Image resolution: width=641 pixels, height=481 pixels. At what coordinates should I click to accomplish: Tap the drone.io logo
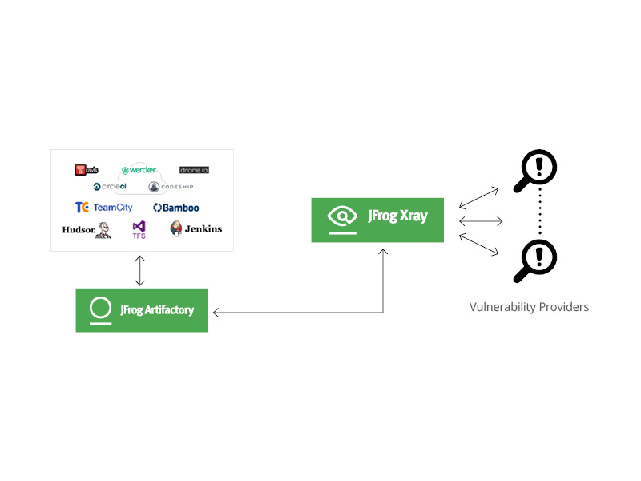195,170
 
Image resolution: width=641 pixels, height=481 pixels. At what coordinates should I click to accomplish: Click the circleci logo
110,187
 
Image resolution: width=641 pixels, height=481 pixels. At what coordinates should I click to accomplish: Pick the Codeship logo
171,187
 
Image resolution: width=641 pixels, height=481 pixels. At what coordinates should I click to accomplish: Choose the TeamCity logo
104,208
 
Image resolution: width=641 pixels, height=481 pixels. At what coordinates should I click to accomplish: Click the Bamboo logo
176,208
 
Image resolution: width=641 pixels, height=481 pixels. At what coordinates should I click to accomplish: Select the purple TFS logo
139,230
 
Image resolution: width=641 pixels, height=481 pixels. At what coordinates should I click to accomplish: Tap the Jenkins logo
196,229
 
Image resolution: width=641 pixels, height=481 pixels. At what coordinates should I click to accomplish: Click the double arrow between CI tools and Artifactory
141,270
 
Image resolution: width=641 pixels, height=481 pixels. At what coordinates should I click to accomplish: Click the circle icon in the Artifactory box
100,309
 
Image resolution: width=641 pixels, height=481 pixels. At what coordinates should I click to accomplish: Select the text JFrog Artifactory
157,310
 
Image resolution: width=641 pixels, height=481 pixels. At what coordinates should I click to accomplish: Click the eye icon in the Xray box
342,216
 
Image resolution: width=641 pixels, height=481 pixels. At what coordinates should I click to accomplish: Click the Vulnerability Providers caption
529,307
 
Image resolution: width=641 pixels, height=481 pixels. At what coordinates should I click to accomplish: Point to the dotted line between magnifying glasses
540,214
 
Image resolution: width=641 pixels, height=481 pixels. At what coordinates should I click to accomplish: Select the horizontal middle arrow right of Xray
481,220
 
